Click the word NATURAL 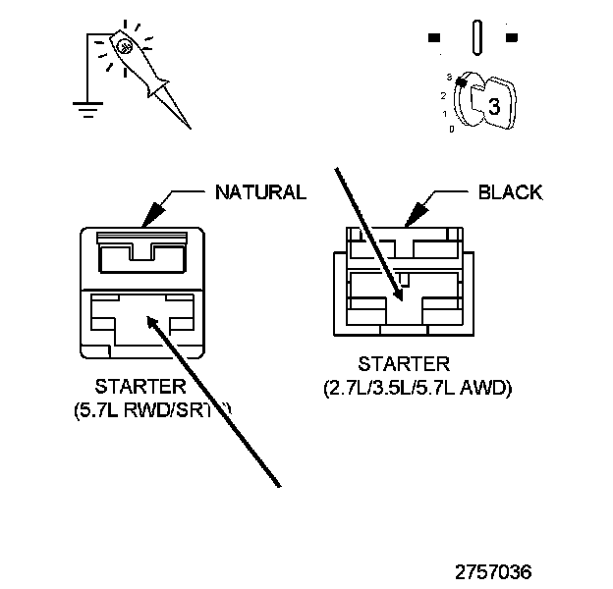point(260,192)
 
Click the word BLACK point(509,192)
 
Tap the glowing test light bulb point(124,46)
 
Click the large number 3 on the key point(494,108)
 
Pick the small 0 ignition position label point(451,129)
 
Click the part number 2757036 point(494,571)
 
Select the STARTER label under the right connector point(404,365)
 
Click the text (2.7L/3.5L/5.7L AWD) point(418,388)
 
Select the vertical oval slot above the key point(478,38)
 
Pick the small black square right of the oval point(511,38)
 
